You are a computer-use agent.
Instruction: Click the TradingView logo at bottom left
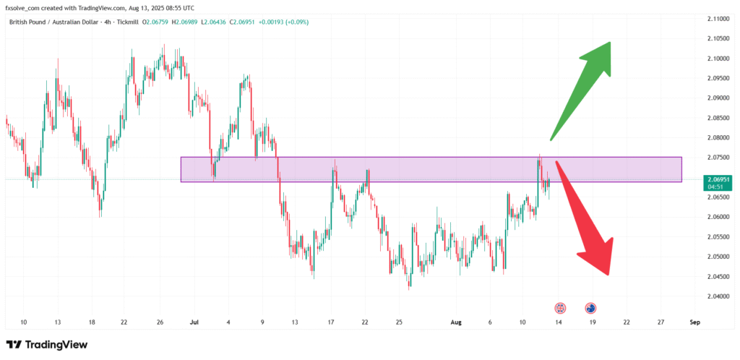pos(47,345)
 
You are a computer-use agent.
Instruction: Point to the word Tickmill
pos(126,22)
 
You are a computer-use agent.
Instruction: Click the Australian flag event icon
pos(590,308)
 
